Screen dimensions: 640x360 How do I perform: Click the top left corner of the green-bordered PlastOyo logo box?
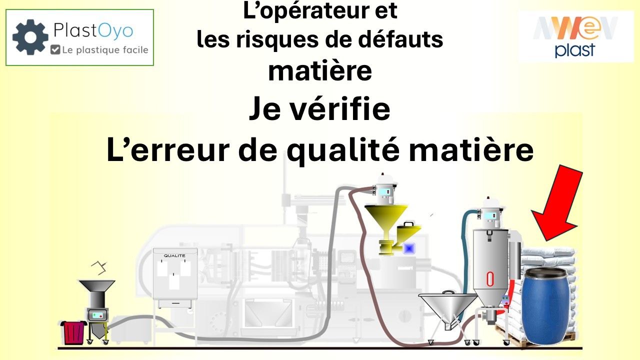6,9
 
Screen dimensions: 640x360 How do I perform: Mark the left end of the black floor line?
58,348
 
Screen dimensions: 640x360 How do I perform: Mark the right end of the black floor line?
582,348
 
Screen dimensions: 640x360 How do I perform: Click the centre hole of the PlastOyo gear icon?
30,37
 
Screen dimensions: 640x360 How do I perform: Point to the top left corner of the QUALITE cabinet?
153,248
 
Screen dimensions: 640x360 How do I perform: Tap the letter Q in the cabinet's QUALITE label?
165,255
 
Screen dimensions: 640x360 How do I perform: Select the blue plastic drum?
545,305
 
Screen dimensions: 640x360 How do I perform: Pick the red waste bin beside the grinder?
73,332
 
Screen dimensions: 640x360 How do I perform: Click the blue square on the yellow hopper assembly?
409,248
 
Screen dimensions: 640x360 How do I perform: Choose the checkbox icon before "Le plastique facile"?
55,49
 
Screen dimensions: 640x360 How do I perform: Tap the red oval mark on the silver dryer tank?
490,279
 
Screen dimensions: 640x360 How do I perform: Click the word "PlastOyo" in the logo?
93,30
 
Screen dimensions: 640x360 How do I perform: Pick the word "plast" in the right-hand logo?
574,50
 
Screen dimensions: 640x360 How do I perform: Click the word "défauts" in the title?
400,39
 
